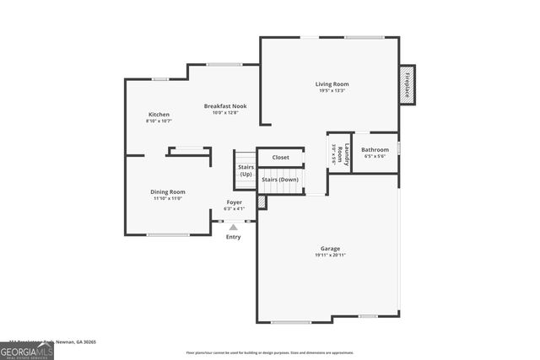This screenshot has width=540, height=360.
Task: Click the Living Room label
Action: tap(332, 84)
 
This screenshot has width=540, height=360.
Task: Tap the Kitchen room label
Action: tap(159, 115)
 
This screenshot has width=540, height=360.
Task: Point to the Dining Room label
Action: tap(168, 191)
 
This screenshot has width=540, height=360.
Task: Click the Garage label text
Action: tap(330, 249)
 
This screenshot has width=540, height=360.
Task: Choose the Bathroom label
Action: tap(375, 150)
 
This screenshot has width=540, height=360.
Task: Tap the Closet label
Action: tap(281, 157)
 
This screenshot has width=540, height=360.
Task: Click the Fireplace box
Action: tap(407, 84)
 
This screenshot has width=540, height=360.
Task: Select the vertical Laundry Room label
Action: tap(339, 153)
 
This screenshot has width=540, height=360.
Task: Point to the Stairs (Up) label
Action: tap(246, 170)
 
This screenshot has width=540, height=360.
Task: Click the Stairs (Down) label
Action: tap(280, 180)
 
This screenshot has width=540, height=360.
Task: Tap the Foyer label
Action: tap(234, 202)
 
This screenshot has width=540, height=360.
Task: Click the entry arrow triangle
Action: tap(234, 227)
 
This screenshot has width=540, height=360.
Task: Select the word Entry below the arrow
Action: tap(234, 237)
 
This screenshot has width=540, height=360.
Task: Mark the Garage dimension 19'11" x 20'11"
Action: tap(330, 255)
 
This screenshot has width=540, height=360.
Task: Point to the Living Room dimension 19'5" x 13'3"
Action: tap(332, 91)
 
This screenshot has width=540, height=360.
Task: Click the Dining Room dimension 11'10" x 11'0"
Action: tap(168, 198)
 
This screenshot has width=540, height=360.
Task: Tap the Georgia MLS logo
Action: tap(27, 350)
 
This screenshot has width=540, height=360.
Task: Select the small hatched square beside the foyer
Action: tap(262, 202)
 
